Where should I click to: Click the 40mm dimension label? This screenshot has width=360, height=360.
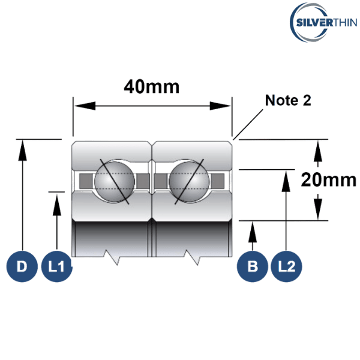pyautogui.click(x=151, y=88)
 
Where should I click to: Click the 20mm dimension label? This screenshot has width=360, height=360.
pyautogui.click(x=328, y=179)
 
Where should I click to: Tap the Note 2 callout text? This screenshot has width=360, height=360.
pyautogui.click(x=288, y=100)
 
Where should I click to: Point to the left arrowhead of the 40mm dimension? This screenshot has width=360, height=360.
pyautogui.click(x=80, y=106)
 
